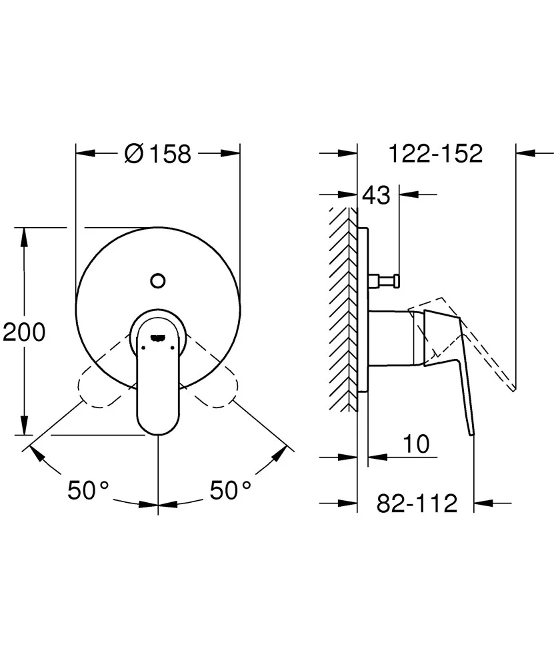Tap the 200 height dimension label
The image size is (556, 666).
coord(24,332)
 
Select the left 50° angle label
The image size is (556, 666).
coord(89,490)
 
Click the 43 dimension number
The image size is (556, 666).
coord(376,195)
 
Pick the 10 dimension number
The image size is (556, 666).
coord(416,444)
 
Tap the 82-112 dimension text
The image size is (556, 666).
coord(417,503)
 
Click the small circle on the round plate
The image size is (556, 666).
coord(158,280)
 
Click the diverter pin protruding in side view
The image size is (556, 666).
coord(385,280)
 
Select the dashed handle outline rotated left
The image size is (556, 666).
coord(104,374)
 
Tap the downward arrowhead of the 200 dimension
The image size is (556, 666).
coord(25,426)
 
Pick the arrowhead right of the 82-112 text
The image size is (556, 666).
coord(483,503)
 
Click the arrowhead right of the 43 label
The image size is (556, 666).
coord(409,195)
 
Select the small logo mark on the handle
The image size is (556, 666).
coord(158,338)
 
